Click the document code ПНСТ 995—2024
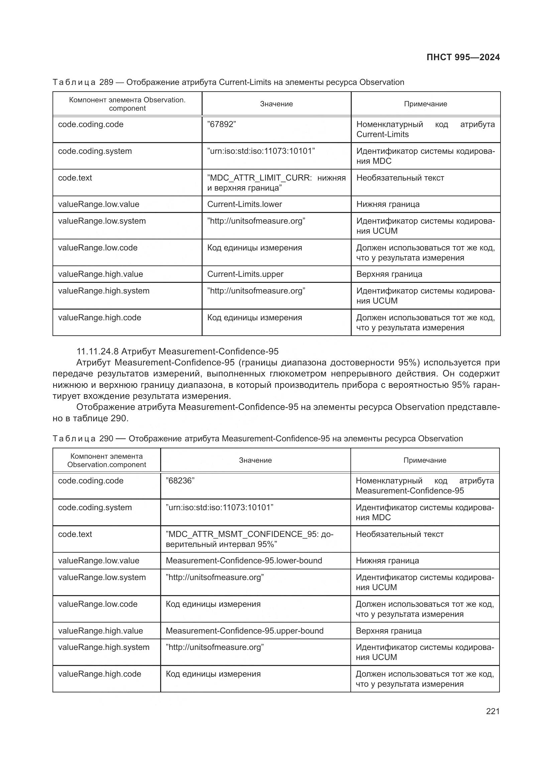(463, 57)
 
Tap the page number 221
(492, 711)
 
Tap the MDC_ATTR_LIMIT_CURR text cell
(276, 183)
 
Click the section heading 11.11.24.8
(178, 351)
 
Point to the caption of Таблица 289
(228, 83)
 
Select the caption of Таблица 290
(257, 439)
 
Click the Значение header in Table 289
(276, 104)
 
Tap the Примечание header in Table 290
(425, 460)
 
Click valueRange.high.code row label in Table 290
(99, 674)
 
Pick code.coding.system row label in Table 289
(95, 151)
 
